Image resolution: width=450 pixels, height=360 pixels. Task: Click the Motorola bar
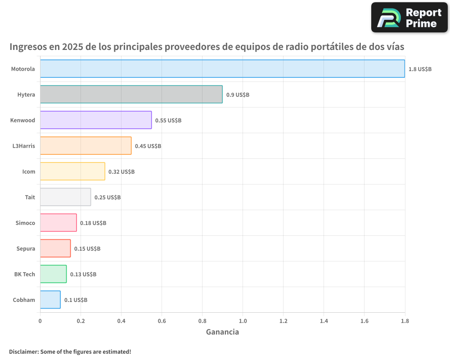pyautogui.click(x=222, y=69)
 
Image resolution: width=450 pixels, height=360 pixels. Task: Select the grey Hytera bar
pyautogui.click(x=131, y=94)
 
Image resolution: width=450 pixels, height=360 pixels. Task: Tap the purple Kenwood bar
pyautogui.click(x=96, y=120)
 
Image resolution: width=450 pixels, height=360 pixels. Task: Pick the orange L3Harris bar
pyautogui.click(x=85, y=146)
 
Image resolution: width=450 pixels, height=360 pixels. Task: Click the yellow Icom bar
pyautogui.click(x=72, y=171)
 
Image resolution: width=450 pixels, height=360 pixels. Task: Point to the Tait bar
pyautogui.click(x=65, y=197)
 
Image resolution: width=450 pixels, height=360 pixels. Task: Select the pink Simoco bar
pyautogui.click(x=58, y=223)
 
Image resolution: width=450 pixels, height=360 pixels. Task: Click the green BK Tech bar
pyautogui.click(x=53, y=274)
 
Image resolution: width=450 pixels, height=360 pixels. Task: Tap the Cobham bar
pyautogui.click(x=50, y=300)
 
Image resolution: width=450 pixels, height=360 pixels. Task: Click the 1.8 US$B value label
pyautogui.click(x=420, y=69)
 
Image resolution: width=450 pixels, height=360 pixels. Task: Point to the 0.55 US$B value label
pyautogui.click(x=168, y=121)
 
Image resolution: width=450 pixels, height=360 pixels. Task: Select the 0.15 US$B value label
pyautogui.click(x=87, y=249)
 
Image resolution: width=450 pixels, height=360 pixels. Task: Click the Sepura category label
pyautogui.click(x=26, y=249)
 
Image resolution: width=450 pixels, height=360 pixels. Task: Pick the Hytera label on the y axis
pyautogui.click(x=26, y=95)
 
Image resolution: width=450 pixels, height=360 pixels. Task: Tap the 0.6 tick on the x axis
pyautogui.click(x=162, y=321)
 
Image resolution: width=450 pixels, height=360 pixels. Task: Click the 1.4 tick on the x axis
pyautogui.click(x=324, y=321)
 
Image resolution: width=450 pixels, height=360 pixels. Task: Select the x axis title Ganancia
pyautogui.click(x=222, y=332)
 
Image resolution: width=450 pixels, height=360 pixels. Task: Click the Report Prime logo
pyautogui.click(x=409, y=18)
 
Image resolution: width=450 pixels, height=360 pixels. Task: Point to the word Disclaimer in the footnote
pyautogui.click(x=23, y=351)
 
